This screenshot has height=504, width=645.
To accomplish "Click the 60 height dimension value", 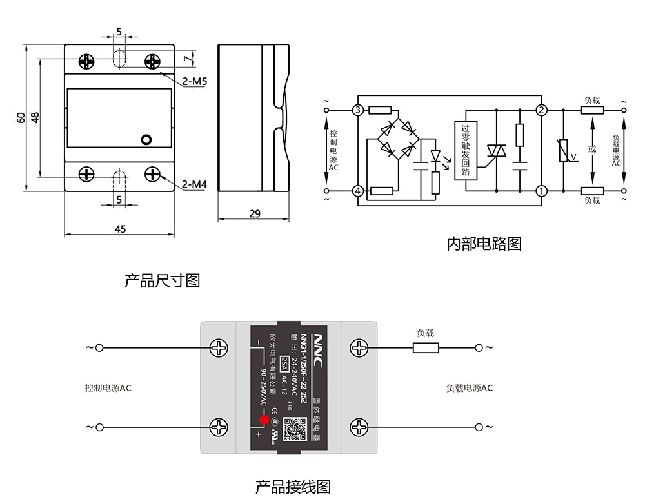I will point(21,117).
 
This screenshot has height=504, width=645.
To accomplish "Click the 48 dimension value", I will point(35,117).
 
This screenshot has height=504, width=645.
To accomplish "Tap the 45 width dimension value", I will point(120,229).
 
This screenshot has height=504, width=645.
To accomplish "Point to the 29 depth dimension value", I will point(255,213).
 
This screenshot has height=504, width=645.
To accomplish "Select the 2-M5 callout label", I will point(193,82).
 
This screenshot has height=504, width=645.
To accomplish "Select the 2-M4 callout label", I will point(193,185).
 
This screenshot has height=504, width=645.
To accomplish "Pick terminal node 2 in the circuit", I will point(542,110).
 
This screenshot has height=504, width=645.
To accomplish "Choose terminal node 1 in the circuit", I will point(542,191).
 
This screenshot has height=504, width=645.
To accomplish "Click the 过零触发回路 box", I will point(465,150).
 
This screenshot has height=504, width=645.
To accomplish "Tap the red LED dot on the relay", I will point(264,420).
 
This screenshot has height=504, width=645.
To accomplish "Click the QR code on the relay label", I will point(293,427).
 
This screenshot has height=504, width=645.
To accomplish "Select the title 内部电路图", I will point(484,244).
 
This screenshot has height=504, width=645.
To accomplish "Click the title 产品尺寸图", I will point(162,281).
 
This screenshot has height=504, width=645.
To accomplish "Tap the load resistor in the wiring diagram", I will point(426,348).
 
